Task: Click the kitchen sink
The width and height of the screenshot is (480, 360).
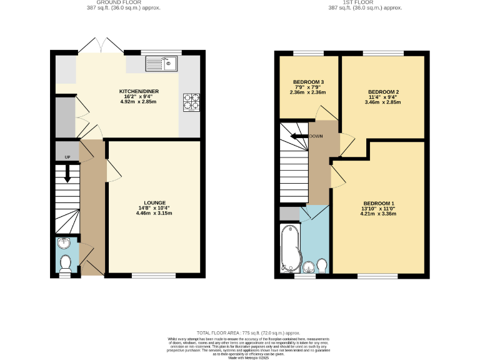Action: tap(162, 63)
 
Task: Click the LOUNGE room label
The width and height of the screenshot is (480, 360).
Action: tap(154, 203)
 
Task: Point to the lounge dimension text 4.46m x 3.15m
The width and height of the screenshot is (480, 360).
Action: tap(154, 214)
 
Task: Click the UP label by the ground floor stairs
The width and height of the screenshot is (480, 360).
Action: tap(67, 156)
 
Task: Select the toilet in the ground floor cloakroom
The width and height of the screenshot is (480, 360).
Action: tap(65, 262)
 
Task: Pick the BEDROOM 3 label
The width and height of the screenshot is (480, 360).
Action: tap(308, 82)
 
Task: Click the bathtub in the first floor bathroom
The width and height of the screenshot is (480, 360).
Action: tap(290, 250)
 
